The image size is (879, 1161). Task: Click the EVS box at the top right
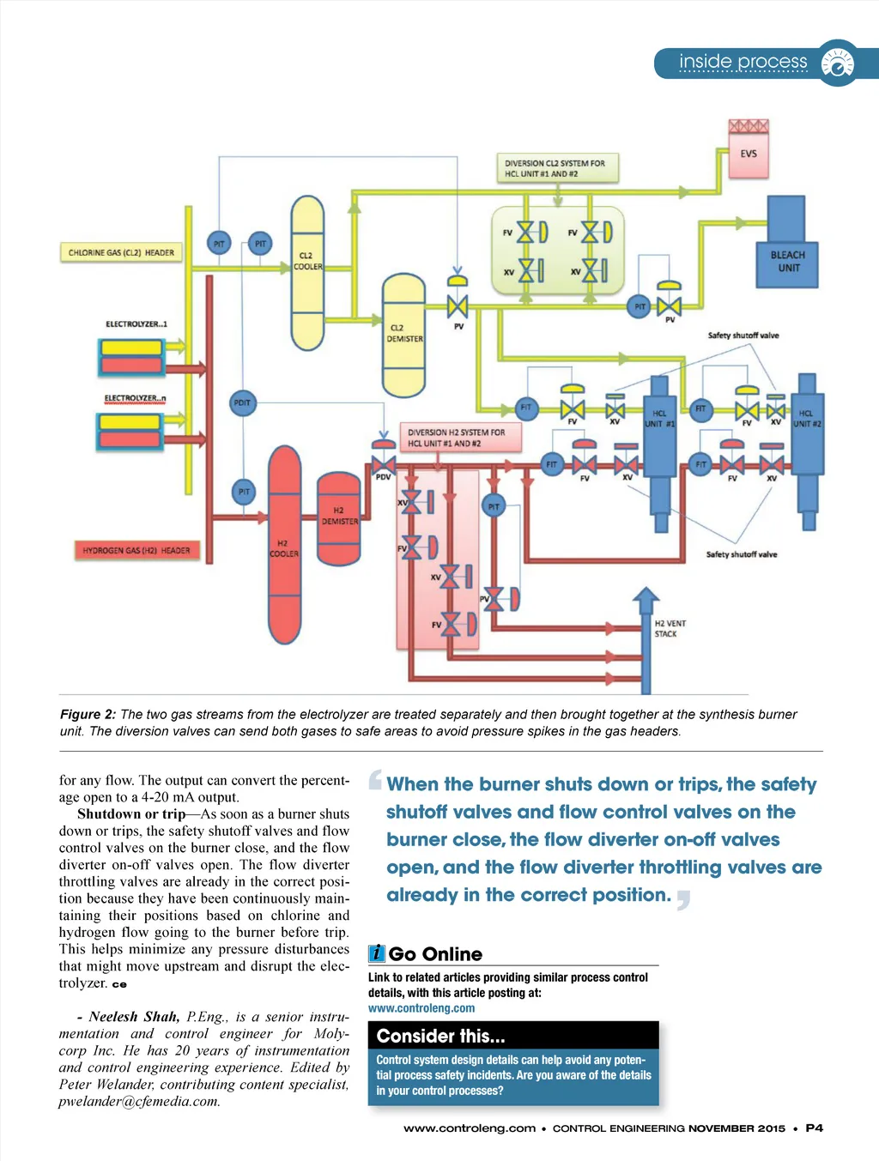[749, 154]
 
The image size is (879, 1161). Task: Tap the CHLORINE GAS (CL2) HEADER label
[121, 253]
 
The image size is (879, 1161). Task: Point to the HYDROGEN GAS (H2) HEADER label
[136, 550]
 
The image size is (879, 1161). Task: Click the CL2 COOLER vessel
[307, 273]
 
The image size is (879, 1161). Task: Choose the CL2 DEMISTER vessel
[403, 335]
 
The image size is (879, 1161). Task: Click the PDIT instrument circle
[243, 402]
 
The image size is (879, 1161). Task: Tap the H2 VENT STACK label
[670, 629]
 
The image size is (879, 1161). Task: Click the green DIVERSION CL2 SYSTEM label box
[555, 168]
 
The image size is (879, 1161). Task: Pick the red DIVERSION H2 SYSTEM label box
[457, 438]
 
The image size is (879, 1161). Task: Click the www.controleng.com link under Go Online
[421, 1008]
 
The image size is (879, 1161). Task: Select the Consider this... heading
[440, 1036]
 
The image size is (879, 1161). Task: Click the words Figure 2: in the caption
[88, 714]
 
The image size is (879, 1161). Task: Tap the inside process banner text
[743, 62]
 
